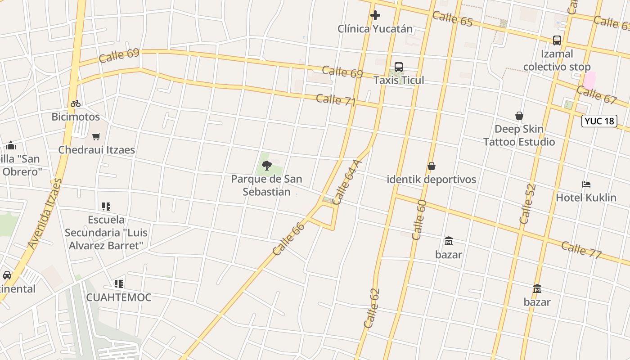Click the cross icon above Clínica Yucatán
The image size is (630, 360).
tap(375, 15)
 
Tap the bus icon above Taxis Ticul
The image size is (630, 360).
tap(399, 67)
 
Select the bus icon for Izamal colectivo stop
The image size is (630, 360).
tap(557, 40)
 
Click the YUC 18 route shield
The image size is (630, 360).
tap(599, 121)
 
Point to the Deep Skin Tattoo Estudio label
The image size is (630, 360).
tap(519, 135)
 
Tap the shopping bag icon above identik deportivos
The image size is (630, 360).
tap(432, 166)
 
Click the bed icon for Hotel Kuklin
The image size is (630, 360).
tap(586, 184)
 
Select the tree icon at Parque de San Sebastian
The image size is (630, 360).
tap(267, 166)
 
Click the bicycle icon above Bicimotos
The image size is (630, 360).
tap(76, 103)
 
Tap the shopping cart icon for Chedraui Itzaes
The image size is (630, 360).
tap(96, 136)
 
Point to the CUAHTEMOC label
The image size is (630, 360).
tap(119, 297)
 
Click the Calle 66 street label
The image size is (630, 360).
tap(288, 239)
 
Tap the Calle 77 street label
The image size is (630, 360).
tap(581, 250)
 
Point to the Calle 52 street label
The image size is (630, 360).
tap(527, 204)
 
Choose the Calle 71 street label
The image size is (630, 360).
tap(336, 100)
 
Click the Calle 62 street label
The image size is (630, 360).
tap(372, 308)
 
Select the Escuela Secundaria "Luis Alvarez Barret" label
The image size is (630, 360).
tap(106, 233)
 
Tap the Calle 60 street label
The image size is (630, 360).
tap(418, 219)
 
